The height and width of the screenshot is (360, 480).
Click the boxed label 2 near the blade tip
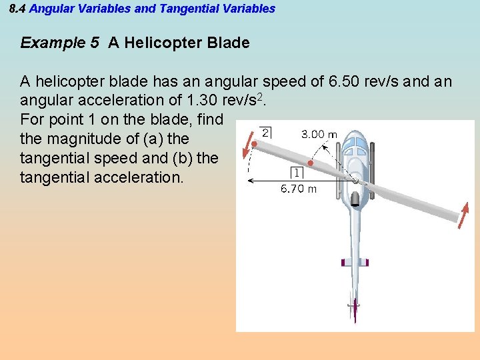(265, 133)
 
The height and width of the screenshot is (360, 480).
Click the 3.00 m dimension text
(319, 134)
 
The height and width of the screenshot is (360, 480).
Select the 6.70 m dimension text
(299, 189)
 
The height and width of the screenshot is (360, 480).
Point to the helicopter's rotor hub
(356, 180)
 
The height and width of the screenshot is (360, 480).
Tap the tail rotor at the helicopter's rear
(355, 309)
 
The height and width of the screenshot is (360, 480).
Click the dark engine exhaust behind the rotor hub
(356, 199)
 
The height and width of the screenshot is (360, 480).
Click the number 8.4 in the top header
(17, 9)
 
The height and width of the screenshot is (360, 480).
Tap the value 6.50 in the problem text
(345, 82)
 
